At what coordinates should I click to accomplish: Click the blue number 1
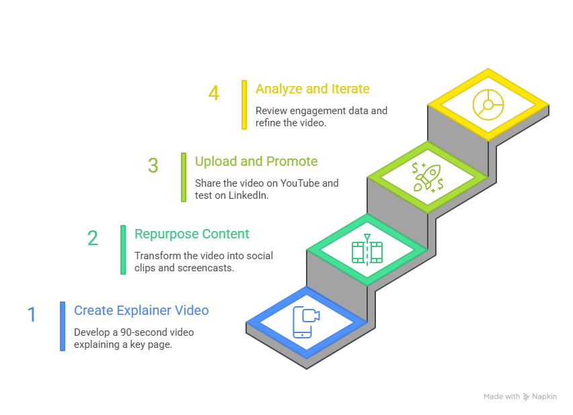(x=31, y=314)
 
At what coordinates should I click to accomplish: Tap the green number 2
(x=92, y=238)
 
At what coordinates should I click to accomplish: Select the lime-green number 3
(x=153, y=165)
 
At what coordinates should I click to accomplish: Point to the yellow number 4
(x=213, y=93)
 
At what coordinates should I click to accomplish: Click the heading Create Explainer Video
(x=141, y=310)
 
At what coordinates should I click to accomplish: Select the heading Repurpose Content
(x=192, y=234)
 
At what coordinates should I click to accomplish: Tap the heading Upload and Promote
(x=256, y=161)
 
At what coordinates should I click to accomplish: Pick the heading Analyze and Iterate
(x=312, y=89)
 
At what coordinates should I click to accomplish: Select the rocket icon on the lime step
(x=427, y=177)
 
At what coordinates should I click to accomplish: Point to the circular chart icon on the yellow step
(x=488, y=105)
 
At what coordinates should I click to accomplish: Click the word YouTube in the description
(x=304, y=183)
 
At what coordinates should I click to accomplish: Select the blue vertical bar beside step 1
(x=63, y=326)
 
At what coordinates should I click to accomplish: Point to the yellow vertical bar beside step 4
(x=244, y=104)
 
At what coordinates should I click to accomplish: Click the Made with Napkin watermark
(x=520, y=396)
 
